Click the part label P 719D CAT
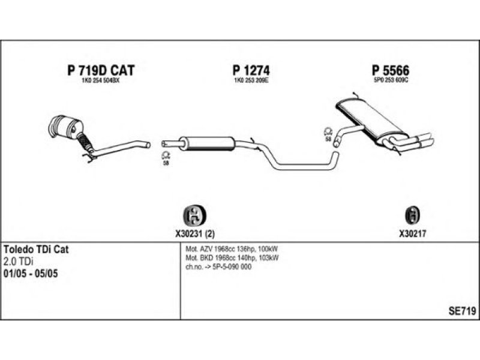pos(101,70)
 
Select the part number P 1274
pos(251,70)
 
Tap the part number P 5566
pos(391,70)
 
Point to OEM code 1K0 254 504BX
pos(100,81)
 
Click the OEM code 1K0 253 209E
pos(251,81)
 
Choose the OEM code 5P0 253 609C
pos(391,80)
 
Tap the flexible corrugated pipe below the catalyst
pos(85,142)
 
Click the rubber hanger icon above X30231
pos(194,215)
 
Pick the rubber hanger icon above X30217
pos(412,215)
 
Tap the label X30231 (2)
pos(195,234)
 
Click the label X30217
pos(412,234)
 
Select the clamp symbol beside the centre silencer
pos(166,155)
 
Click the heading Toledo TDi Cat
pos(36,249)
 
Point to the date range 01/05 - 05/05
pos(31,274)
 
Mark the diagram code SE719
pos(462,311)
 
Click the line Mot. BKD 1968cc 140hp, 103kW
pos(232,258)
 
